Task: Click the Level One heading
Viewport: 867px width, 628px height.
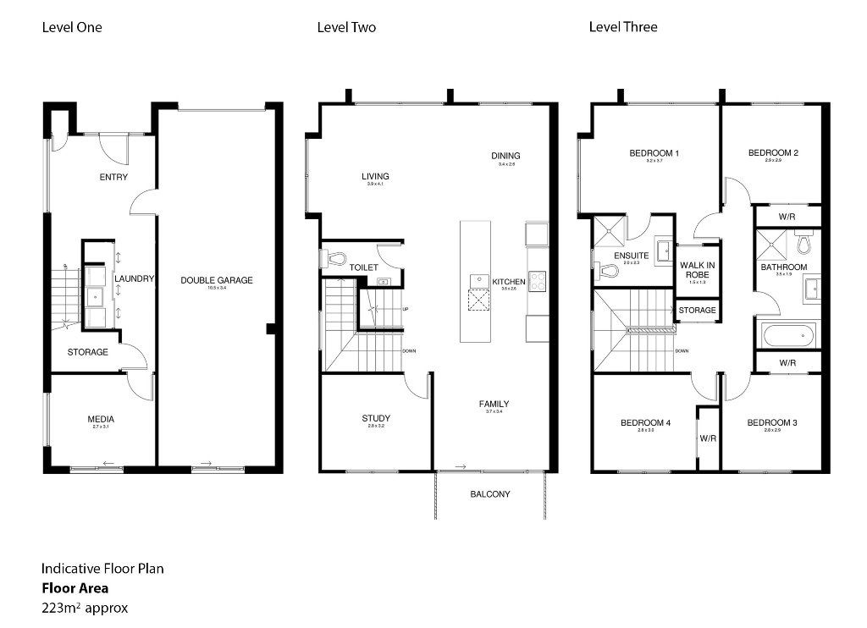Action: [x=72, y=27]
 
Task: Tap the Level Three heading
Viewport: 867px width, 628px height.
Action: [x=623, y=27]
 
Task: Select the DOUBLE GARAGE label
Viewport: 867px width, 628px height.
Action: [x=217, y=280]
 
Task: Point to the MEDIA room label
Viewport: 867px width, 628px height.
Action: [x=101, y=419]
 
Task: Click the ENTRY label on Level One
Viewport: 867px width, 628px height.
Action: [x=113, y=177]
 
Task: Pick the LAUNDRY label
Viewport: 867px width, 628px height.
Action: [x=134, y=279]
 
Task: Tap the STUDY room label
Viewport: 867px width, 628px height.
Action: [x=376, y=418]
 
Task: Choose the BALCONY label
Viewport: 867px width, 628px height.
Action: [x=490, y=494]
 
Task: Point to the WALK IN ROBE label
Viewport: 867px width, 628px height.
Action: [x=697, y=270]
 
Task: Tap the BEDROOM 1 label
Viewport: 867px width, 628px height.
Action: [x=654, y=153]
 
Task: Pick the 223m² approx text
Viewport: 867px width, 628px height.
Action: [x=85, y=607]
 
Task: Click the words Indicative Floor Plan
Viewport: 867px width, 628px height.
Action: [x=102, y=569]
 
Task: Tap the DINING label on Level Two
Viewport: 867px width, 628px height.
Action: [x=505, y=156]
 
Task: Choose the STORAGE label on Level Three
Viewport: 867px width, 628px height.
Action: [x=697, y=311]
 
